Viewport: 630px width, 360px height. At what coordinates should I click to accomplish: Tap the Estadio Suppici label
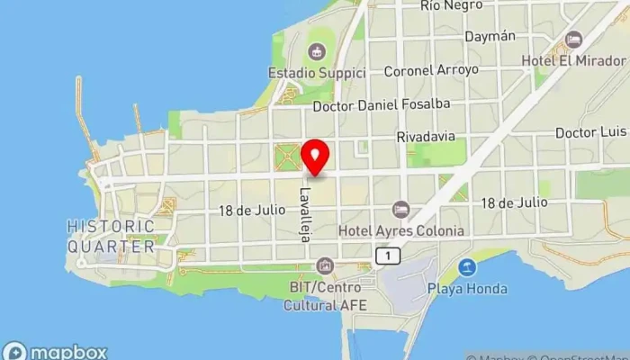317,71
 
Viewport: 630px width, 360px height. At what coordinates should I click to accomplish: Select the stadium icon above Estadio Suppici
316,50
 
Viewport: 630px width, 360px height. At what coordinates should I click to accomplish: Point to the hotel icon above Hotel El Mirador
573,40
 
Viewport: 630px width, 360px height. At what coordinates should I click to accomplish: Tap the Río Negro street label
452,6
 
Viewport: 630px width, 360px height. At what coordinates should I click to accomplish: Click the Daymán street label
490,37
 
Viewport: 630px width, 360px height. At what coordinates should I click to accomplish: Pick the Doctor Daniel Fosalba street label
381,105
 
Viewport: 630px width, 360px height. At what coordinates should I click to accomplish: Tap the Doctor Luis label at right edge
590,132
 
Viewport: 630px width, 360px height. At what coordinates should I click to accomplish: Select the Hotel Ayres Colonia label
401,230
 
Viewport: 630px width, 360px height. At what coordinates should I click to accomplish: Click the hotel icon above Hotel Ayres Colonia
401,210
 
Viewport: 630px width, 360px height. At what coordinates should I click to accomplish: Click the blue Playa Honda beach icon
466,267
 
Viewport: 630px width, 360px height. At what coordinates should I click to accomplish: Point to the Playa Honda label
466,289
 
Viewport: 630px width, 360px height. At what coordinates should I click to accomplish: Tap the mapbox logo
56,351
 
